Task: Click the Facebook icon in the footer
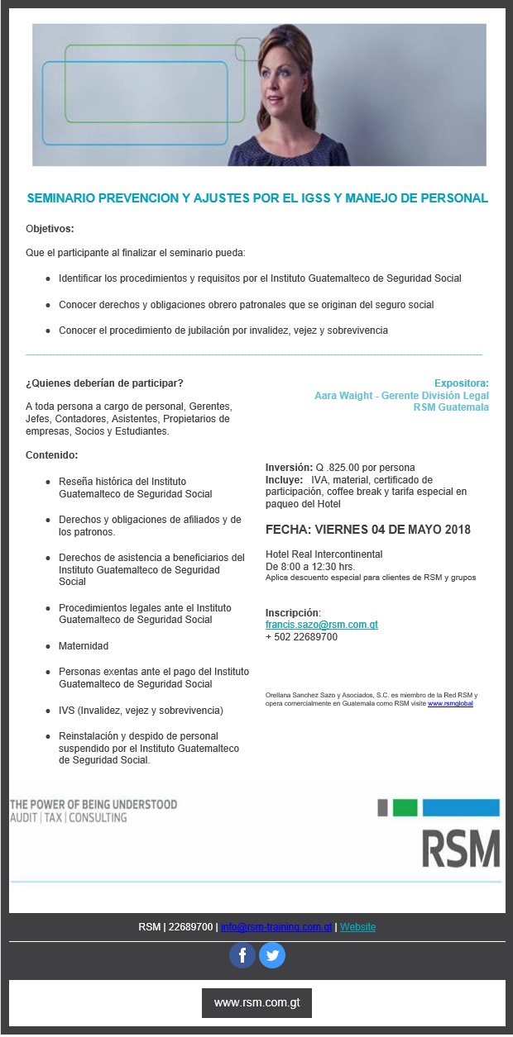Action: pyautogui.click(x=242, y=955)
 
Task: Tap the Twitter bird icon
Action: pyautogui.click(x=272, y=955)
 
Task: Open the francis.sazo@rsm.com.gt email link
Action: pyautogui.click(x=321, y=625)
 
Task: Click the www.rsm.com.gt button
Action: pyautogui.click(x=256, y=1002)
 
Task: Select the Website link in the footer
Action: pyautogui.click(x=357, y=927)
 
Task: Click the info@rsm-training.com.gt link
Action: pyautogui.click(x=276, y=927)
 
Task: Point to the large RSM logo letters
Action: pyautogui.click(x=461, y=848)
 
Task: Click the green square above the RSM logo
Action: pyautogui.click(x=405, y=807)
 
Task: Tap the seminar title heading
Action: pyautogui.click(x=257, y=198)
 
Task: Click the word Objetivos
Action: pyautogui.click(x=50, y=228)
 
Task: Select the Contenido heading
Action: pyautogui.click(x=52, y=455)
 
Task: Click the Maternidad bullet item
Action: pyautogui.click(x=84, y=646)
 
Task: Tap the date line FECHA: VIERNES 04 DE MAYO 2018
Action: pyautogui.click(x=367, y=530)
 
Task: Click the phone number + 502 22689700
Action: pyautogui.click(x=301, y=637)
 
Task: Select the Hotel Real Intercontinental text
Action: pyautogui.click(x=324, y=554)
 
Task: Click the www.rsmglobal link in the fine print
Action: pyautogui.click(x=450, y=703)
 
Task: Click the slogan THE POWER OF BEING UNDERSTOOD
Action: pyautogui.click(x=93, y=804)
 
